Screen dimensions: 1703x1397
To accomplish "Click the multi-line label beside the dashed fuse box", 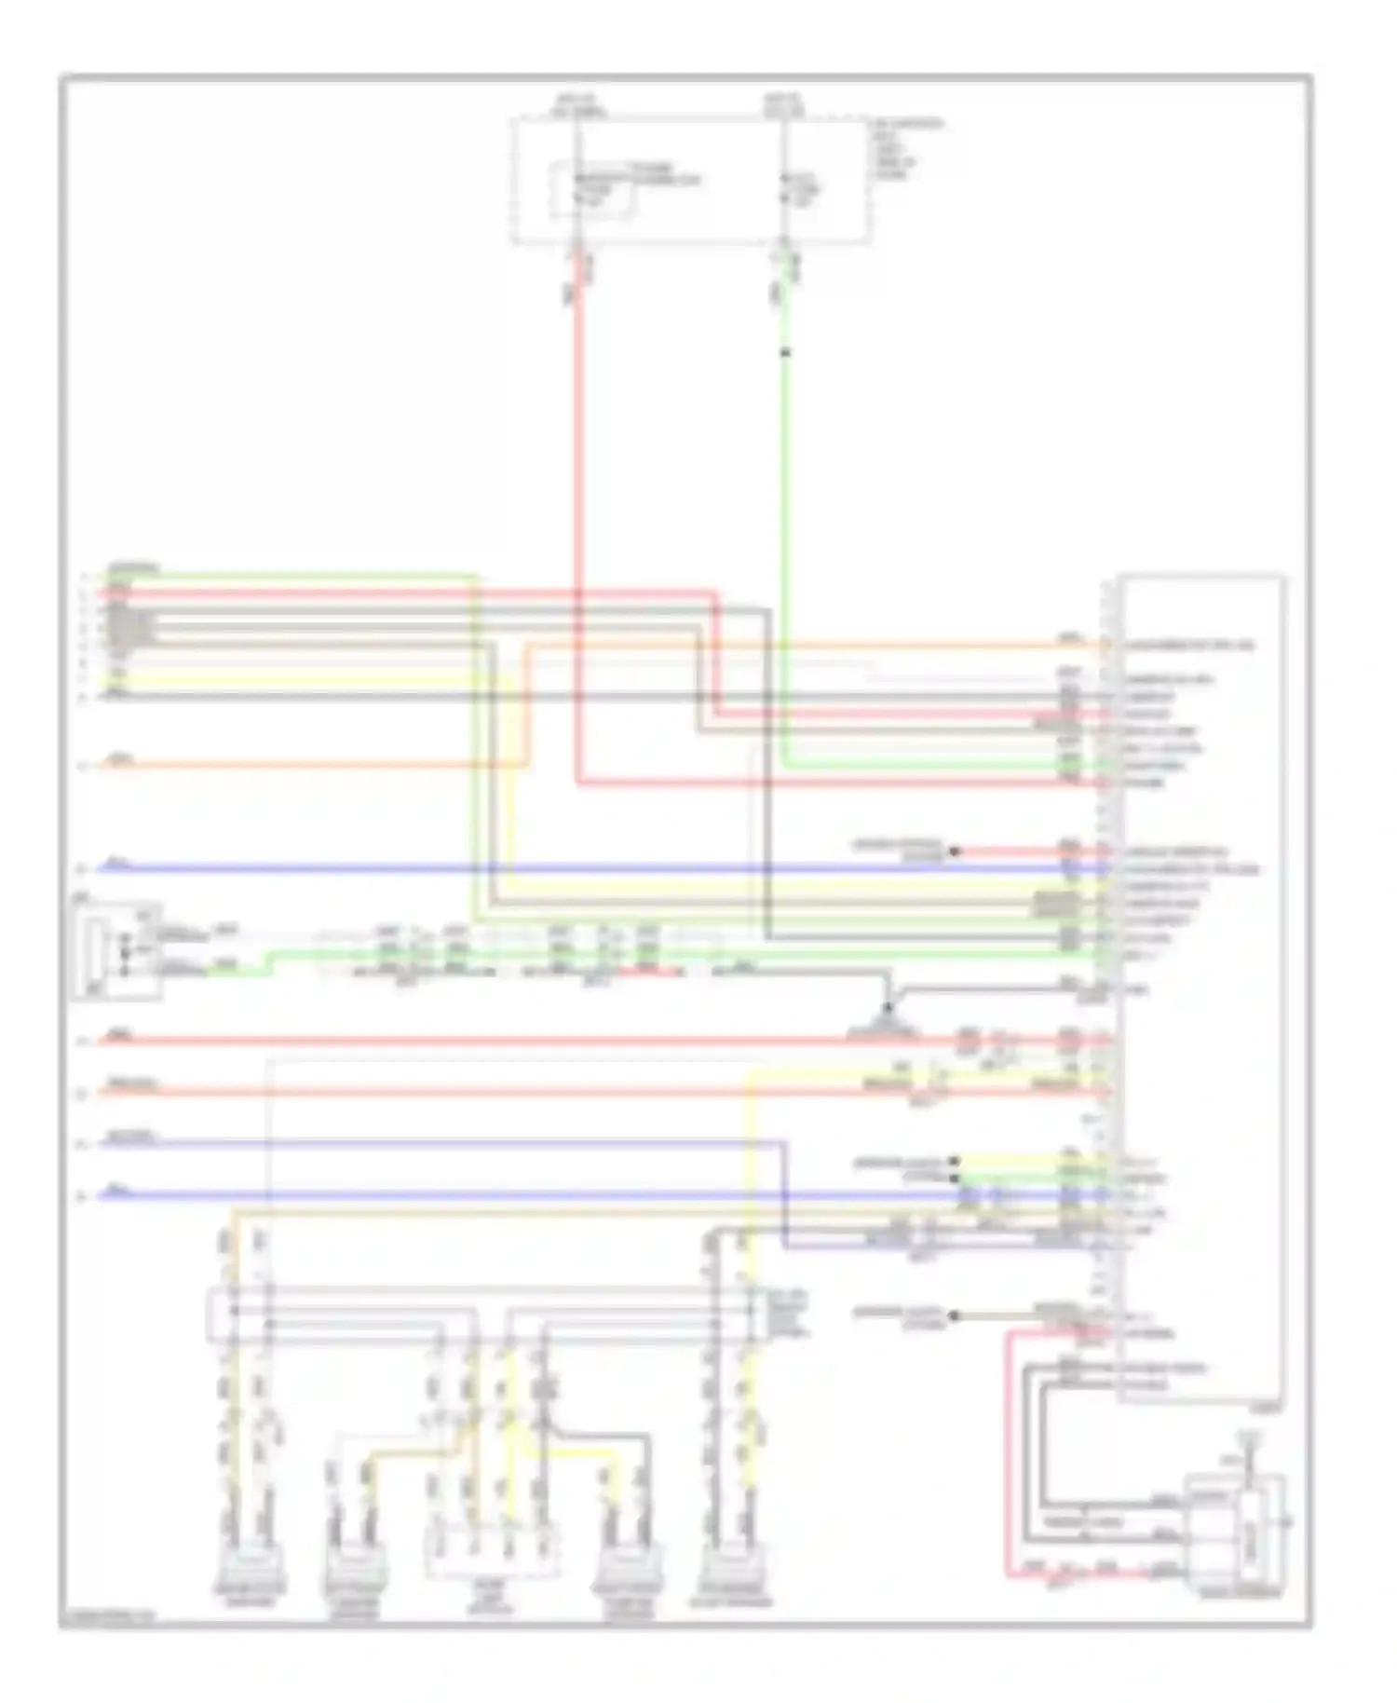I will (906, 148).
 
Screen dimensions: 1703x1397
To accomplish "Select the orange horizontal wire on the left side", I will (307, 766).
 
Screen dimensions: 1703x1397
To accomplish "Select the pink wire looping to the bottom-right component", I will (1008, 1453).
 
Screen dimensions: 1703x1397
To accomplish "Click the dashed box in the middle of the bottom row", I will (491, 1552).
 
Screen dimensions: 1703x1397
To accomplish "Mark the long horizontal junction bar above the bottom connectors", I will (484, 1313).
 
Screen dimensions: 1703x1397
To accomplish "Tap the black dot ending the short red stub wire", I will (953, 851).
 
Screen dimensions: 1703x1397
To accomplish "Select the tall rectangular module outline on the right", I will (1201, 988).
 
